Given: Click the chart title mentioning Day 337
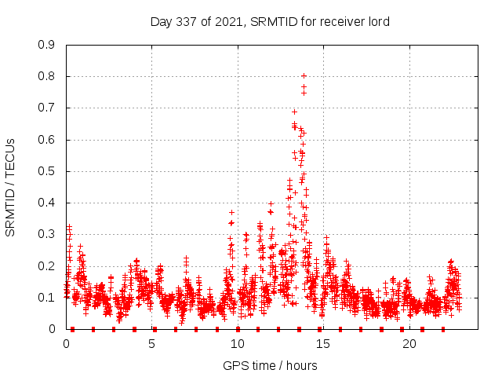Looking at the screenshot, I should pos(270,21).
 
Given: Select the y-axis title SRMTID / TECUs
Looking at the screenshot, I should pos(10,187).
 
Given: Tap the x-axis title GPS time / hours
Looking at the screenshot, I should pos(270,365).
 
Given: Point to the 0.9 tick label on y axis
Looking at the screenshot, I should pos(46,45).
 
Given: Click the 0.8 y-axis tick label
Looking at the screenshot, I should pos(46,76).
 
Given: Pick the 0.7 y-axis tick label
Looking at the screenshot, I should pos(46,108).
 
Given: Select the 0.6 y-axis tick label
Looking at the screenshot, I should pos(46,140).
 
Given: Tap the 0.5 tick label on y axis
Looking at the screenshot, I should pos(46,171).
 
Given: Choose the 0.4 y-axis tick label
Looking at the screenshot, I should pos(46,203).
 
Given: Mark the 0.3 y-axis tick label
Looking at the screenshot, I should pos(46,234).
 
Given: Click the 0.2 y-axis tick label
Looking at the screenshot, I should pos(46,266).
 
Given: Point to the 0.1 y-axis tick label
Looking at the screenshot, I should pos(46,298).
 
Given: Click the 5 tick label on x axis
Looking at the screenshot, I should pos(152,344).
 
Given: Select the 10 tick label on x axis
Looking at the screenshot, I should pos(238,344).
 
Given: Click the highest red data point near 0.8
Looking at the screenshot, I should pos(304,76).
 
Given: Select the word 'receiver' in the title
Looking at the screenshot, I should pos(340,21).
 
